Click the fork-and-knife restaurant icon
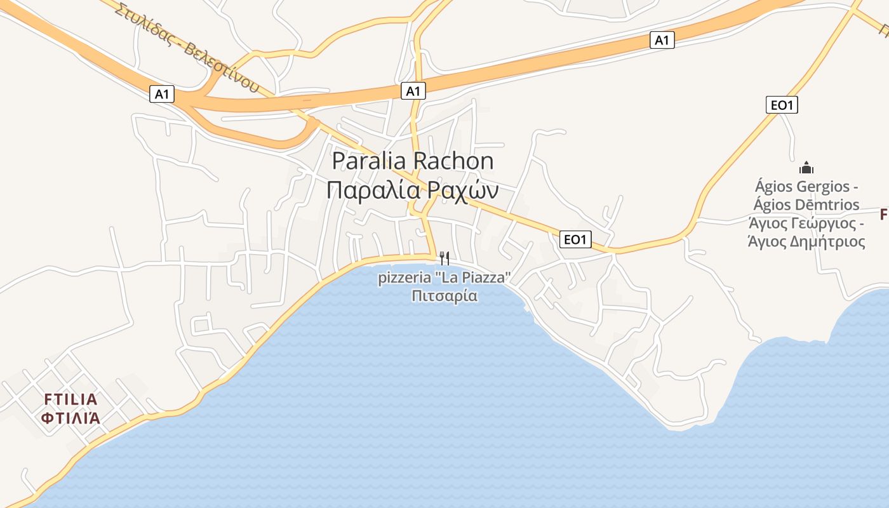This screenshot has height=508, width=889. [x=444, y=258]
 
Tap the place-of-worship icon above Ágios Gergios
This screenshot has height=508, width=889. [x=806, y=168]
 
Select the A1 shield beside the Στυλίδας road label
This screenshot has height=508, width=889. [x=162, y=94]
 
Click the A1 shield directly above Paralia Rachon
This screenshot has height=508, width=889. [x=413, y=91]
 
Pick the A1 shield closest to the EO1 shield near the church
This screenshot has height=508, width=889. [x=662, y=40]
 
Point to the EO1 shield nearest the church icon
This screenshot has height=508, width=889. [x=782, y=105]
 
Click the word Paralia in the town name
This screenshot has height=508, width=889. [x=370, y=161]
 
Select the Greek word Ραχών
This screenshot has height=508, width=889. [x=462, y=190]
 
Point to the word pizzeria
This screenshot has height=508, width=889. [x=403, y=278]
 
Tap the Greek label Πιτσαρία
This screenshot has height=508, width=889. [x=444, y=296]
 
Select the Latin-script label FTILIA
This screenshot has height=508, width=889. [x=71, y=399]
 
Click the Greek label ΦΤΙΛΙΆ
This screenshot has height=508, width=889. [x=71, y=418]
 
